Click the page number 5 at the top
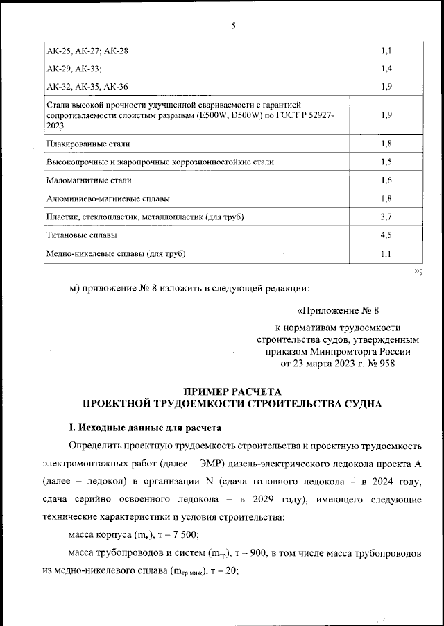pyautogui.click(x=234, y=26)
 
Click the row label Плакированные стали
pyautogui.click(x=88, y=144)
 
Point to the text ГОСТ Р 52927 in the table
pyautogui.click(x=306, y=116)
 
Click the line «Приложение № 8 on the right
pyautogui.click(x=339, y=311)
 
